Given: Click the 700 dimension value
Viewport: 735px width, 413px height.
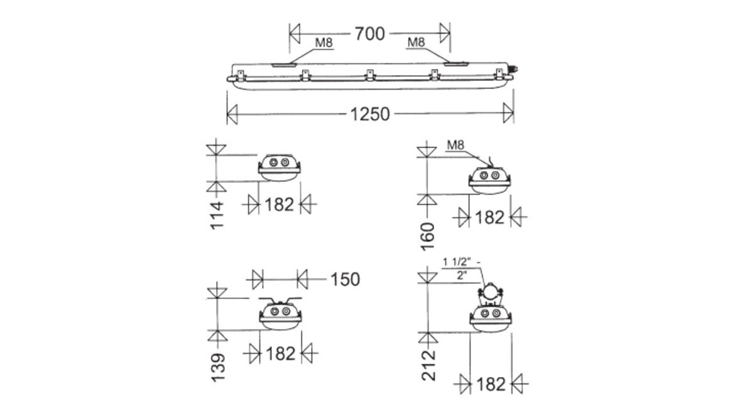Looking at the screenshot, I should tap(369, 33).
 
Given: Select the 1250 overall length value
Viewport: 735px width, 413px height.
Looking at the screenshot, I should tap(370, 114).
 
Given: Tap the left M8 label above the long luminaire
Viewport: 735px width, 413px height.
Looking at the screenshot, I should tap(324, 43).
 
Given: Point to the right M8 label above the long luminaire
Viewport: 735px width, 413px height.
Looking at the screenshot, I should tap(416, 42).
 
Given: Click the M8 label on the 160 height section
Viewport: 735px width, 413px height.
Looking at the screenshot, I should tap(455, 146).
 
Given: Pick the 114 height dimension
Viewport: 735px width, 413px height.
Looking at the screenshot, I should tap(217, 215).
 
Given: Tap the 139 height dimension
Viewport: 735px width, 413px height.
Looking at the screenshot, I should tap(217, 367).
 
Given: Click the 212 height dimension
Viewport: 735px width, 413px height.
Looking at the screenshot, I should tap(428, 366).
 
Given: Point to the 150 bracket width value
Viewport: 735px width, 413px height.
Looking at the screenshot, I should tap(344, 279).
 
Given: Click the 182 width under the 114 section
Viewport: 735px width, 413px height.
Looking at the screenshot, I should tap(279, 205).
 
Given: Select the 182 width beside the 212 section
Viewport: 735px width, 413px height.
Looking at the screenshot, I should tap(491, 383).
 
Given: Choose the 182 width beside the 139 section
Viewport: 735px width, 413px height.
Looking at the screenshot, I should tap(280, 354).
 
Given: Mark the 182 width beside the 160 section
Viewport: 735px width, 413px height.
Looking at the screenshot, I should tap(490, 217).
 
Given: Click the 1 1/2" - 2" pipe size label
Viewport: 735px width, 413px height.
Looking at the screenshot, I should tap(462, 268).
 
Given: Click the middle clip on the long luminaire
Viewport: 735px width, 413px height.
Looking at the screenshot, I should tap(370, 75).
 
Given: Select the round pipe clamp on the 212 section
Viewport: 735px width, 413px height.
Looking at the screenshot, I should tap(491, 292).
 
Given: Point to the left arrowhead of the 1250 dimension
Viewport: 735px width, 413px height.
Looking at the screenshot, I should tap(232, 114).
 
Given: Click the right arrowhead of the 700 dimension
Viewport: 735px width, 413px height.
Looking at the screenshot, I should tap(445, 33).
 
